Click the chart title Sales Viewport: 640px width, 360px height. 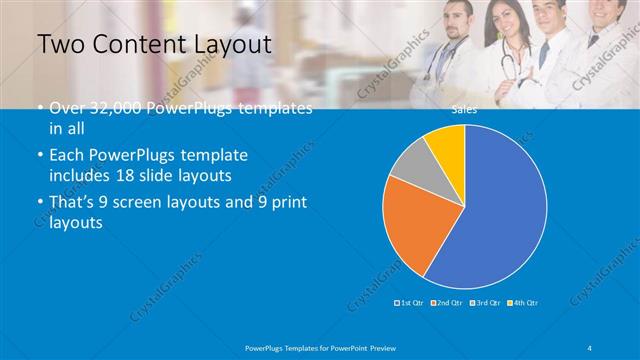pyautogui.click(x=464, y=110)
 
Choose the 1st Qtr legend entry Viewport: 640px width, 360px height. pyautogui.click(x=410, y=302)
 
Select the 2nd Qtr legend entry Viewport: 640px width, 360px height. pyautogui.click(x=448, y=302)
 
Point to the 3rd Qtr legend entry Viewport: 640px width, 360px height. pyautogui.click(x=487, y=302)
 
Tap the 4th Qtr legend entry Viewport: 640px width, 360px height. pyautogui.click(x=524, y=302)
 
